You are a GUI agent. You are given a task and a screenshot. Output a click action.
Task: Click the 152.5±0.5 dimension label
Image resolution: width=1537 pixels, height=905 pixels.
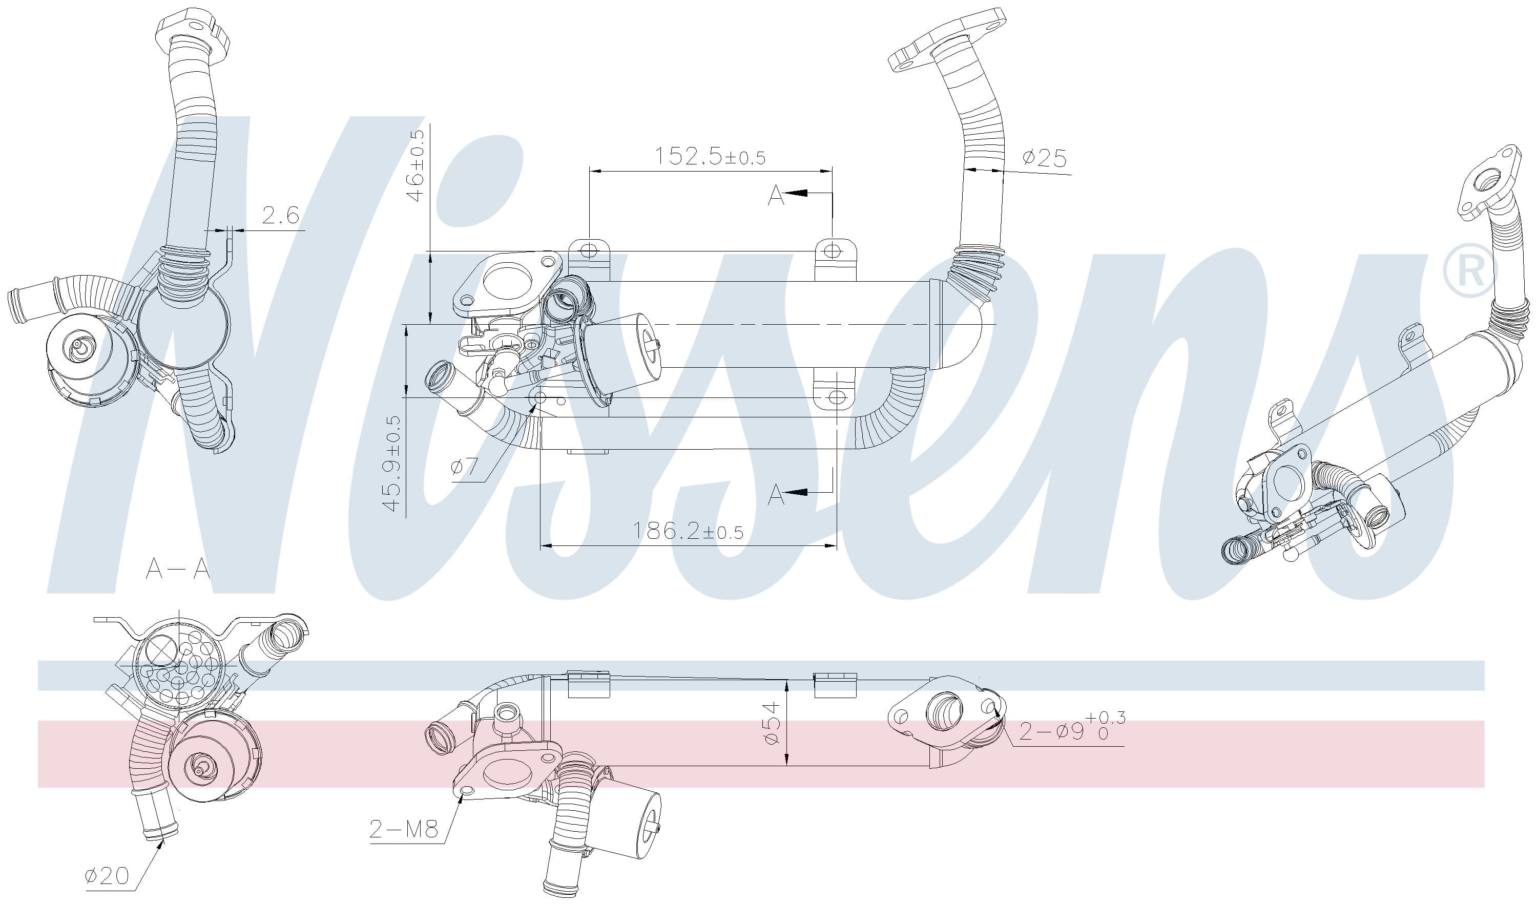pos(710,156)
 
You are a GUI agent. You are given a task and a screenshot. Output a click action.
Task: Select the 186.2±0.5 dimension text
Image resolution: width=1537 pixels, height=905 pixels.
pos(688,531)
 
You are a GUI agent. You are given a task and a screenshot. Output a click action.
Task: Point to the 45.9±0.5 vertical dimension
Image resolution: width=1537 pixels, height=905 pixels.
pos(393,463)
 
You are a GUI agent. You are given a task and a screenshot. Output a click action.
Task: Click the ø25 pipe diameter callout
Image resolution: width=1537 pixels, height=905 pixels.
pos(1045,158)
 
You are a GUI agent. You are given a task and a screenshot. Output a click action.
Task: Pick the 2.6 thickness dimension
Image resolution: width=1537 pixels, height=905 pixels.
pos(281,215)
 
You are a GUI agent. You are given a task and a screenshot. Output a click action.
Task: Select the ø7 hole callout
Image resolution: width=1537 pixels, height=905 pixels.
pos(464,467)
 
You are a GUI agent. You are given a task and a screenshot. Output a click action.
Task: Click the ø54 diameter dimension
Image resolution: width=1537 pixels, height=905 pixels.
pos(772,723)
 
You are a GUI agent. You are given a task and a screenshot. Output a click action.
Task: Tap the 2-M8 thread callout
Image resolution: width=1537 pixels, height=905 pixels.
pos(404,829)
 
